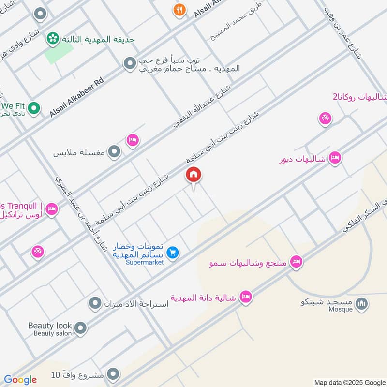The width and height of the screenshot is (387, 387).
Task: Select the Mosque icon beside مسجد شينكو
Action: pos(361,304)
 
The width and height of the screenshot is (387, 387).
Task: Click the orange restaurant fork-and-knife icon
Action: pos(179,10)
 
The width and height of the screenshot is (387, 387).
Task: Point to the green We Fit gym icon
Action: pos(33,108)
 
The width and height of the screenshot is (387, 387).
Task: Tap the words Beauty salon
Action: pos(53,333)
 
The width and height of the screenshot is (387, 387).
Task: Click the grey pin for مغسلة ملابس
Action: pos(114,152)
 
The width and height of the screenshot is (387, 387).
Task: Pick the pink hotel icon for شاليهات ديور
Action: pos(335,158)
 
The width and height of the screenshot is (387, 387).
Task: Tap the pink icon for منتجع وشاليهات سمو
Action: pos(296,262)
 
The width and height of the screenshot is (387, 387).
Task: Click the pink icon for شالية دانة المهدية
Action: pos(246,297)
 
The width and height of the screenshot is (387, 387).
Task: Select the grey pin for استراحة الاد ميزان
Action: pos(94,304)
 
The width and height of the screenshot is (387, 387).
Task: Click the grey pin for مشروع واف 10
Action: pos(113,373)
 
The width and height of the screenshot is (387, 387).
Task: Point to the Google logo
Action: pos(20,380)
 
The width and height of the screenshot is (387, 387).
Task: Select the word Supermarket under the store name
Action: pos(145,262)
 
